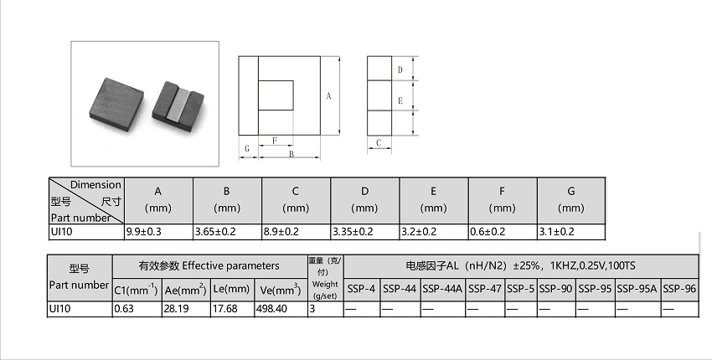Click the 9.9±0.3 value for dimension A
[x=143, y=232]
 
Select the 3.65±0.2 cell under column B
[x=215, y=232]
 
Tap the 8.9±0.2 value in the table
[x=281, y=232]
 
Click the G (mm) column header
[x=570, y=200]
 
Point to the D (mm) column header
[x=364, y=200]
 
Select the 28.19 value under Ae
[x=177, y=309]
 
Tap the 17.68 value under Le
[x=224, y=309]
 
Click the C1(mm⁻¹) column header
[x=137, y=289]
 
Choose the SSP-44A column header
[x=441, y=289]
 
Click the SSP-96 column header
[x=679, y=289]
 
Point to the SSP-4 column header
[x=361, y=289]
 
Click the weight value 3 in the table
[x=312, y=309]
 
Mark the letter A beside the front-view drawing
[x=328, y=95]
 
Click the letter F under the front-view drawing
[x=275, y=141]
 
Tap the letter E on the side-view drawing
[x=400, y=100]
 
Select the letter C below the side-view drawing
[x=379, y=142]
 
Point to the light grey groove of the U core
[x=178, y=105]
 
